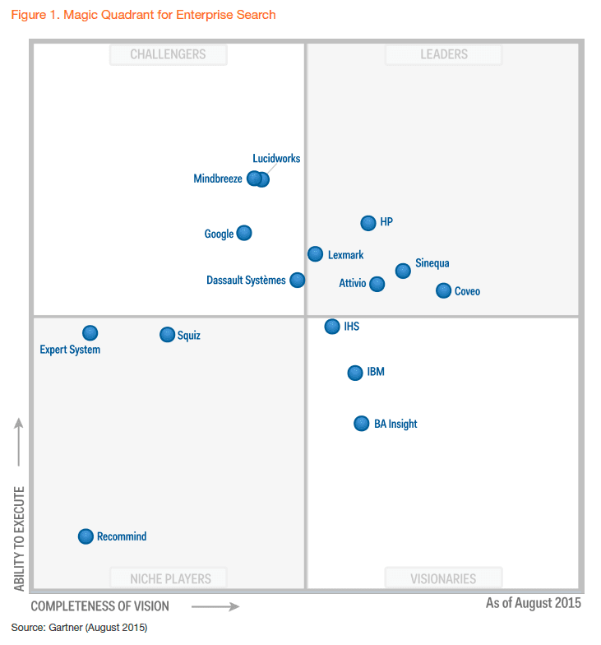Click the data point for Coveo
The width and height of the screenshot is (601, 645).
(x=443, y=290)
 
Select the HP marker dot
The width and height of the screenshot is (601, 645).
(x=368, y=223)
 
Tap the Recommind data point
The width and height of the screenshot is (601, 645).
(x=86, y=536)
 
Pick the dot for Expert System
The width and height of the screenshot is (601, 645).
(x=90, y=333)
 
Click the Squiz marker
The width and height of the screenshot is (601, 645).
(x=167, y=335)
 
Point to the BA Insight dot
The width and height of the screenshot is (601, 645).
(x=361, y=424)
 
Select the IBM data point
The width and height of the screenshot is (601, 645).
(x=355, y=373)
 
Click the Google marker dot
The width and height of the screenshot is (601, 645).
(x=244, y=233)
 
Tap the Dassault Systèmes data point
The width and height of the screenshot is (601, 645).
(x=298, y=280)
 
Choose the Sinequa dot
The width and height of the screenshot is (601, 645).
(x=403, y=271)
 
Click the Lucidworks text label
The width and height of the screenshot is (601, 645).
(x=276, y=159)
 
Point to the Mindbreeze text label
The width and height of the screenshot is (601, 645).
(x=218, y=179)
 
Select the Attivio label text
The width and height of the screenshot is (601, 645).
(x=353, y=284)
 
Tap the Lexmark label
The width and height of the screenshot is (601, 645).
(x=345, y=255)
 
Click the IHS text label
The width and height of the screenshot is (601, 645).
(x=351, y=327)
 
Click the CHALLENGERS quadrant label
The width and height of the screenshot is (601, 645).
(x=168, y=54)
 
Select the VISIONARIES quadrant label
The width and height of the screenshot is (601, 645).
(x=443, y=578)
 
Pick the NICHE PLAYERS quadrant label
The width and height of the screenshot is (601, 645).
(x=170, y=578)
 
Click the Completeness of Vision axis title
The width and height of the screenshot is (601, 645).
(x=100, y=606)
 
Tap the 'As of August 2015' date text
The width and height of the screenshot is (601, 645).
(x=533, y=603)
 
